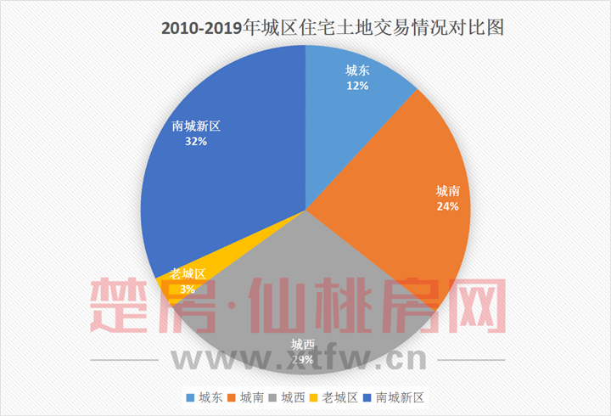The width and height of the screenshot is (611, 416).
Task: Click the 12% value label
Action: click(356, 86)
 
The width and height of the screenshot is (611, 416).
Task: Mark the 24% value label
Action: click(447, 205)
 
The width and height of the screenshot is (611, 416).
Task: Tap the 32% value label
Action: click(196, 141)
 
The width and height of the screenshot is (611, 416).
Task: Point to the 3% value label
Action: click(187, 289)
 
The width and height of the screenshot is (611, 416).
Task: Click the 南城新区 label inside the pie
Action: click(196, 126)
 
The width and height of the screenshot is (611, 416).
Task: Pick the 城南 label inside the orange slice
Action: click(447, 190)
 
